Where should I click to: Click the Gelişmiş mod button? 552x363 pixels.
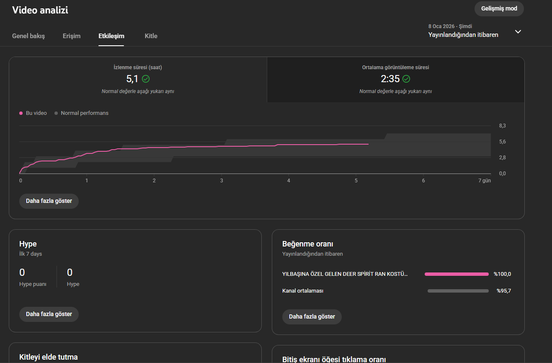click(x=499, y=9)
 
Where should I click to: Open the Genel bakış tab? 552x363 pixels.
click(x=28, y=36)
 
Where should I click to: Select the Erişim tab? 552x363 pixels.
click(x=72, y=36)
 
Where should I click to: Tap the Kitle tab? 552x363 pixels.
click(x=151, y=36)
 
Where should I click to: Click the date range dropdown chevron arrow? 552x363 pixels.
click(x=518, y=31)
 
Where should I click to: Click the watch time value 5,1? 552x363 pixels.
click(x=132, y=79)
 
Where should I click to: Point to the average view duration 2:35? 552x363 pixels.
click(x=390, y=79)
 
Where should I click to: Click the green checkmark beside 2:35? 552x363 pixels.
click(x=406, y=79)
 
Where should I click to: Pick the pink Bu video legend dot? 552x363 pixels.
click(x=21, y=113)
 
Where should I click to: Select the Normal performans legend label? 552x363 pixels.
click(x=85, y=113)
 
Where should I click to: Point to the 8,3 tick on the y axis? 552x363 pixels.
click(x=502, y=126)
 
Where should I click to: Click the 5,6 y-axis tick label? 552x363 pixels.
click(x=502, y=142)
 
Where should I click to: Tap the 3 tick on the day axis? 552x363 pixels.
click(x=222, y=181)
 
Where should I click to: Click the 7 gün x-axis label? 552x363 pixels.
click(x=485, y=181)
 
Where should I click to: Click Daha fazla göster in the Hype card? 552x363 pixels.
click(x=49, y=314)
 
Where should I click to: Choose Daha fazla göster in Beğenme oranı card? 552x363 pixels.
click(x=312, y=316)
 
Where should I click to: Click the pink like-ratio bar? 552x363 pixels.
click(x=457, y=274)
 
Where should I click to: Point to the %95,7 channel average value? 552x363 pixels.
click(x=504, y=291)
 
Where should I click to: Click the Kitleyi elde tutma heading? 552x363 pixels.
click(x=49, y=357)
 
